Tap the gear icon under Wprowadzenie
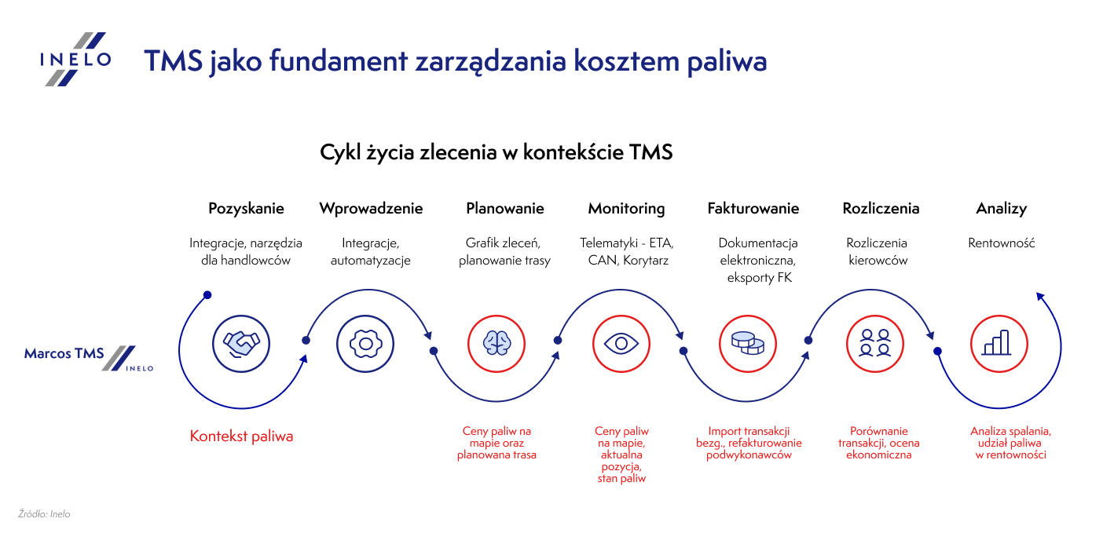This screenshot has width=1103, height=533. click(x=365, y=343)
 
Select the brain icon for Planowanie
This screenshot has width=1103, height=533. click(x=496, y=343)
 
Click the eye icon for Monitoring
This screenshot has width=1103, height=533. click(x=621, y=343)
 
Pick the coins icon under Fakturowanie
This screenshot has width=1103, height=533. click(x=747, y=343)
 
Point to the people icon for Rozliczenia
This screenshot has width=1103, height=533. click(x=874, y=343)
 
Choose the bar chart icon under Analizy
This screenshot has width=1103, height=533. click(x=999, y=343)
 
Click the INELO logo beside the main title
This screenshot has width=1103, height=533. click(x=75, y=59)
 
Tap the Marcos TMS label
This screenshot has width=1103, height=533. click(x=64, y=354)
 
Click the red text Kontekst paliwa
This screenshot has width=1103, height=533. click(x=241, y=436)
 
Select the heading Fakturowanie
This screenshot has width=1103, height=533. click(x=753, y=209)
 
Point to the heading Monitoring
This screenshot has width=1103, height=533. click(x=626, y=209)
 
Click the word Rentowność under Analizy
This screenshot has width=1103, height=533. click(x=1001, y=243)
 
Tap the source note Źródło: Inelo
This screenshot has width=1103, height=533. click(x=44, y=514)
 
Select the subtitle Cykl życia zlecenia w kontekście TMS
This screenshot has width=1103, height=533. click(x=496, y=152)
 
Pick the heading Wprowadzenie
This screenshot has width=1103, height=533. click(x=371, y=209)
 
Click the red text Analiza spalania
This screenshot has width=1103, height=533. click(x=1010, y=432)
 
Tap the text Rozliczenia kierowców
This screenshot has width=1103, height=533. click(x=877, y=251)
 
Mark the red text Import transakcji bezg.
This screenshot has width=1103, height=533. click(x=749, y=432)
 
